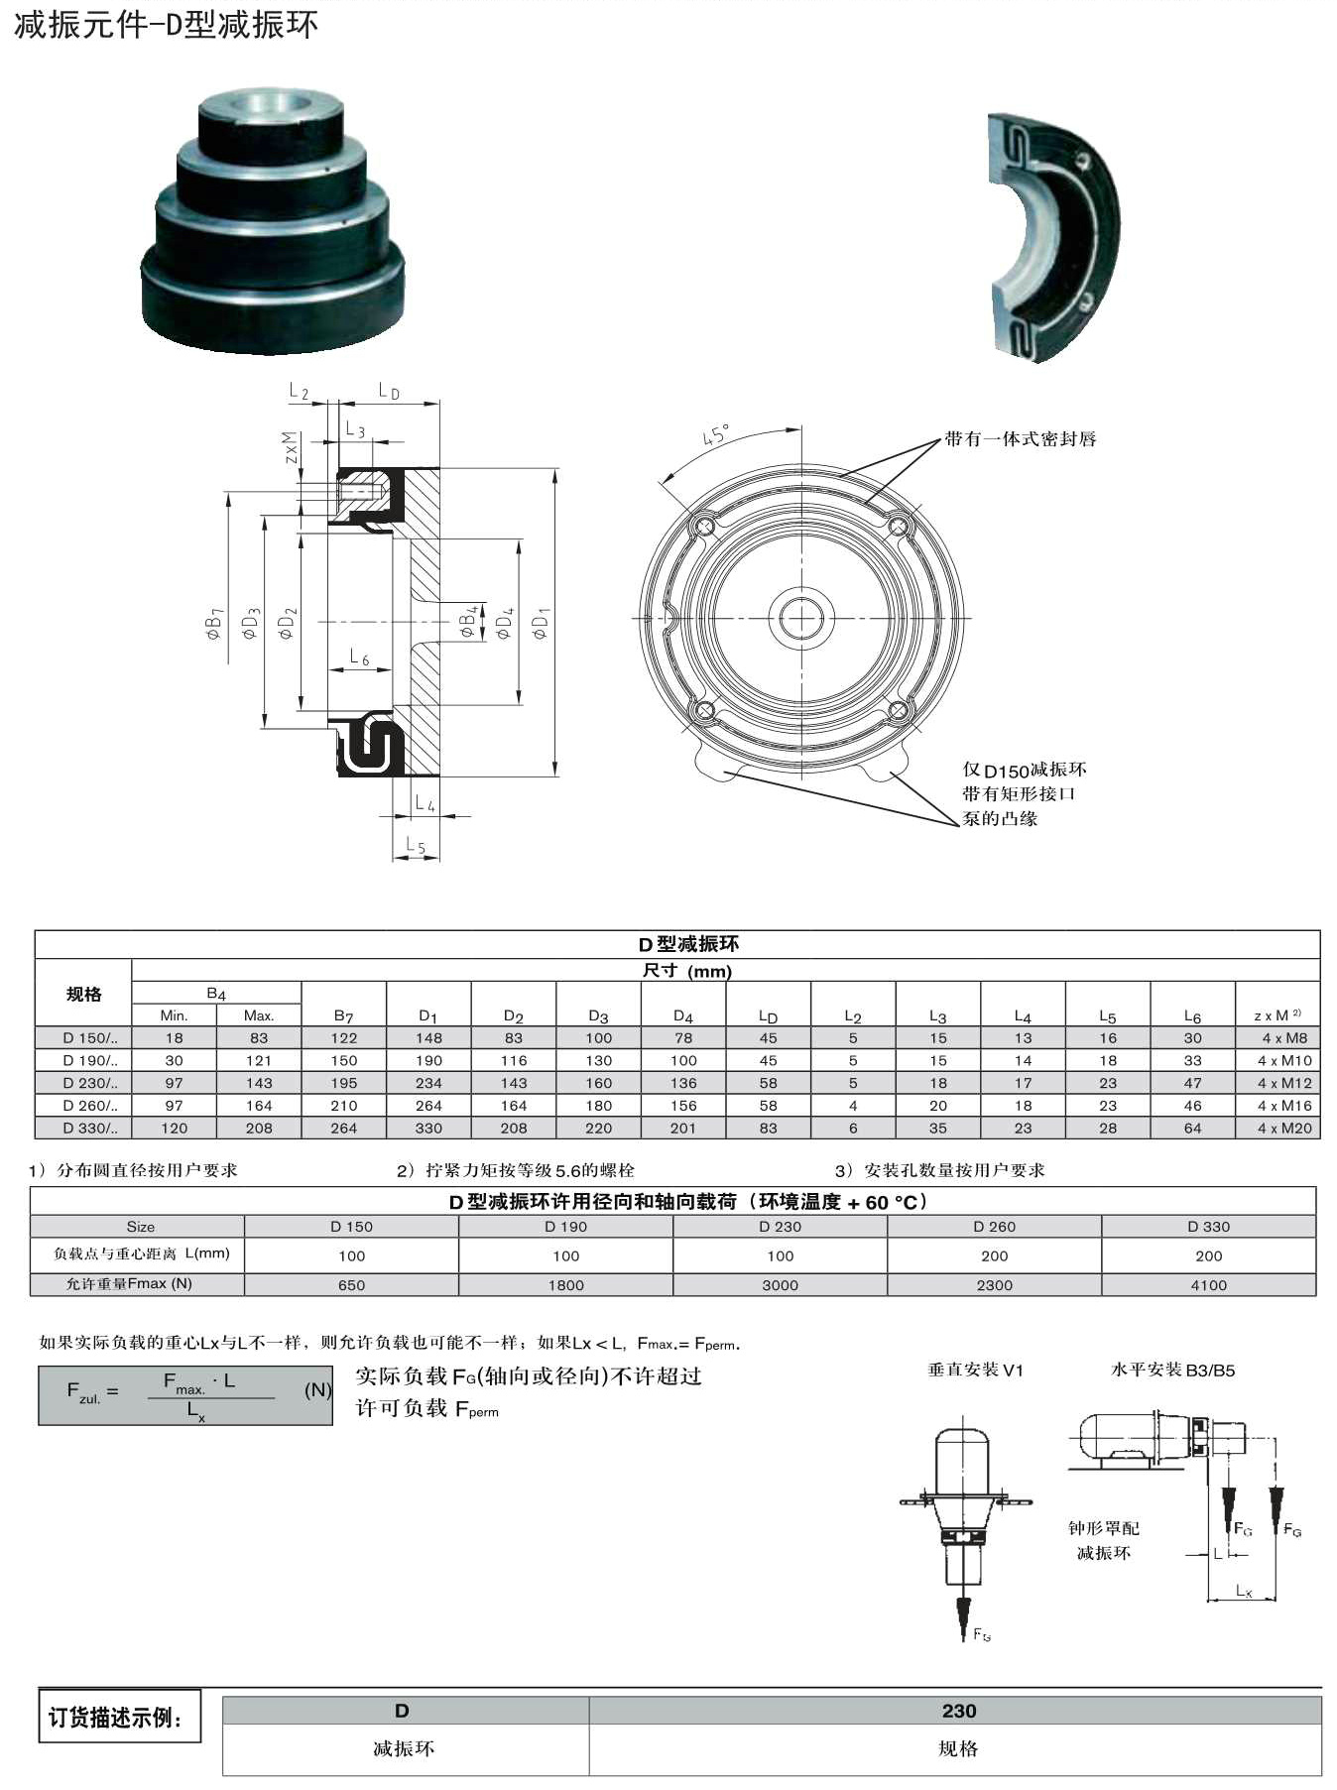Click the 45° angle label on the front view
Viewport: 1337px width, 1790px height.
716,435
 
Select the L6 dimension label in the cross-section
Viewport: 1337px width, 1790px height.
359,656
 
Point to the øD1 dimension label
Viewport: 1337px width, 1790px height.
541,623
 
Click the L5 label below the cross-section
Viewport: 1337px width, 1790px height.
416,845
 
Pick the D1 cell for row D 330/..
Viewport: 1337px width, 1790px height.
428,1128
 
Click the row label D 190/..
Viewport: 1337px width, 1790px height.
89,1060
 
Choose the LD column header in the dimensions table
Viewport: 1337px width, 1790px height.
768,1015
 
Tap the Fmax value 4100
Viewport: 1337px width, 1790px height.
1208,1284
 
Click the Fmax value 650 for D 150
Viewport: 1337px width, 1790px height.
351,1284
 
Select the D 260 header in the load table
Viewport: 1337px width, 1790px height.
994,1227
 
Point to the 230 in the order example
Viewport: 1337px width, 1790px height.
958,1711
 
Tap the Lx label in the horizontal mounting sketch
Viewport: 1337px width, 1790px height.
1244,1590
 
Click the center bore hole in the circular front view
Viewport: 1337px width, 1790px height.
801,618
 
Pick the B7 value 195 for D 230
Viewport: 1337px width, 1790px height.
343,1083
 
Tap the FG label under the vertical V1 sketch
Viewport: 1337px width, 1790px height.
981,1633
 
